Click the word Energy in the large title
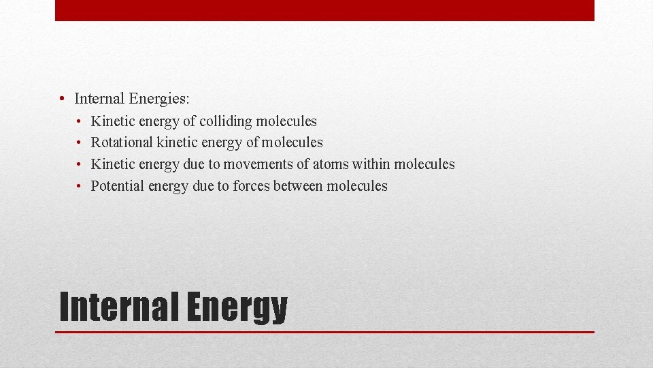click(236, 309)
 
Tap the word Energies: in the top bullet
click(158, 99)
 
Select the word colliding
click(226, 121)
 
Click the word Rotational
click(122, 142)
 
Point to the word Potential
click(118, 186)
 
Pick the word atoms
click(330, 164)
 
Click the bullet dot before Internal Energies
click(62, 99)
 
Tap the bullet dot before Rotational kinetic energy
click(79, 143)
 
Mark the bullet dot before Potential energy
click(79, 187)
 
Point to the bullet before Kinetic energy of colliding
click(79, 121)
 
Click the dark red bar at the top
click(324, 10)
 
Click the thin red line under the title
click(324, 332)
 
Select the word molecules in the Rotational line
click(292, 142)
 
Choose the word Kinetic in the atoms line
click(113, 164)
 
